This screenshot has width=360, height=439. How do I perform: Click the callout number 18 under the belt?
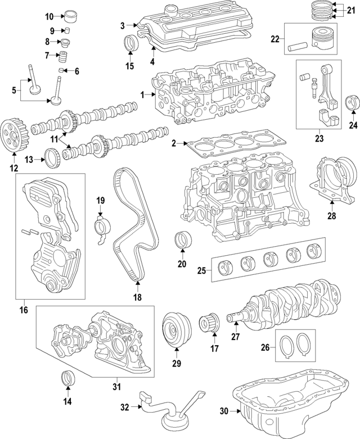[x=136, y=297]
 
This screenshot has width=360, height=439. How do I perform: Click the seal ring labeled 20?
[x=181, y=238]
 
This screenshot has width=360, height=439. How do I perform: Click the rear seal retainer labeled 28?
[x=332, y=179]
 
